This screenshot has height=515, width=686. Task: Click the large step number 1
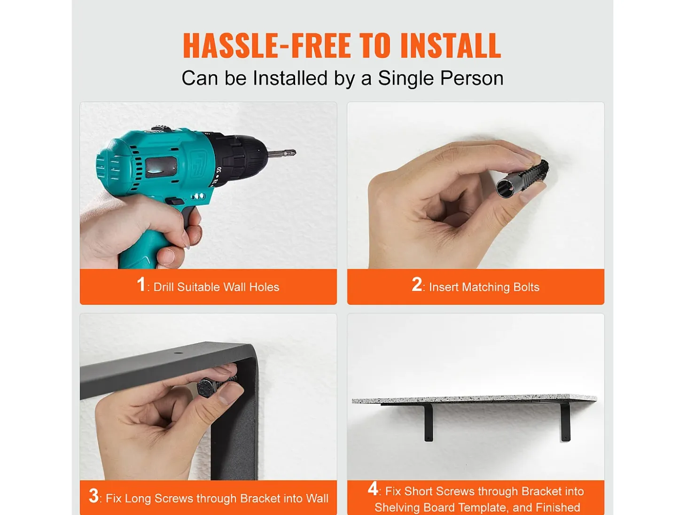pyautogui.click(x=141, y=284)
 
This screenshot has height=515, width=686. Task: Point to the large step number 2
pyautogui.click(x=417, y=284)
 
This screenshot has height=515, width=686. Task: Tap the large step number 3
pyautogui.click(x=94, y=496)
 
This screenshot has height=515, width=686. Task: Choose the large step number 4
pyautogui.click(x=373, y=488)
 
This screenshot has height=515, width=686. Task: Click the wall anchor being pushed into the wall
pyautogui.click(x=522, y=178)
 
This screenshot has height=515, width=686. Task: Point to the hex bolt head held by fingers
pyautogui.click(x=207, y=388)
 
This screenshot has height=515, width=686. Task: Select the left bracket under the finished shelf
pyautogui.click(x=428, y=422)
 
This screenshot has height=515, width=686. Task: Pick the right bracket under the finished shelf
pyautogui.click(x=565, y=422)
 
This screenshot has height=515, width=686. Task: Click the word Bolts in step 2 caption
pyautogui.click(x=526, y=287)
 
